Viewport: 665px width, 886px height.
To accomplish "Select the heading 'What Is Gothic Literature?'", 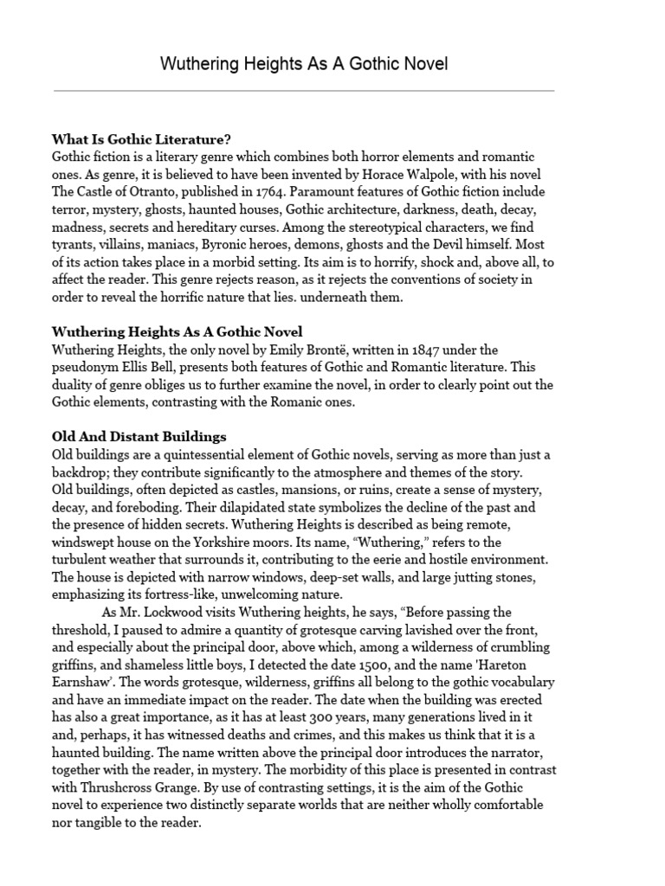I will click(x=141, y=139).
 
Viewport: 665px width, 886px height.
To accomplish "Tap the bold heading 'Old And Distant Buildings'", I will click(x=139, y=436).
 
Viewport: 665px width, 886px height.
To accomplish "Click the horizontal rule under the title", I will click(x=304, y=90).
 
